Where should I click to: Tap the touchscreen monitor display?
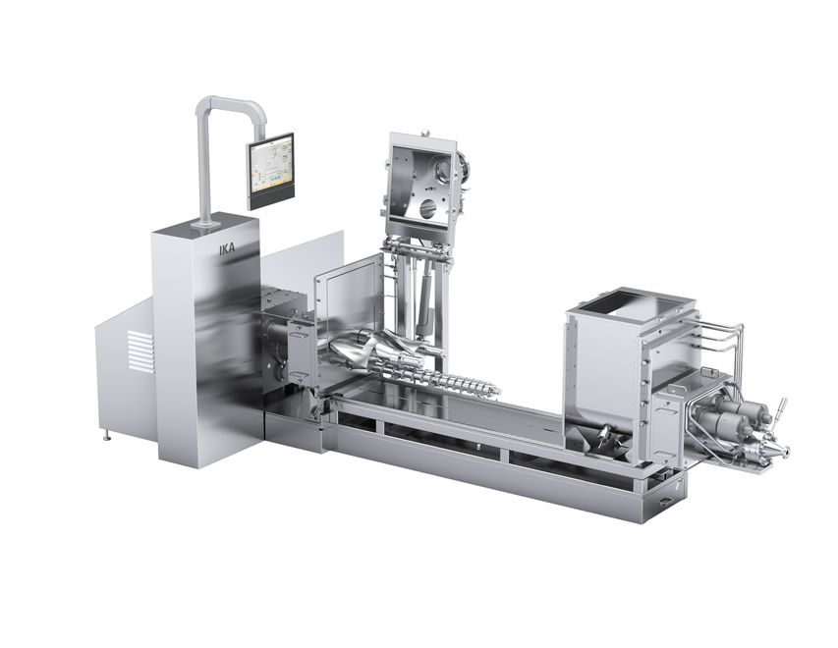tap(270, 167)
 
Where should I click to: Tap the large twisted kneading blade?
tap(363, 351)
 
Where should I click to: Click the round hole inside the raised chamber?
tap(426, 208)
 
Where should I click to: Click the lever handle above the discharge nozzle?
tap(779, 407)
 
